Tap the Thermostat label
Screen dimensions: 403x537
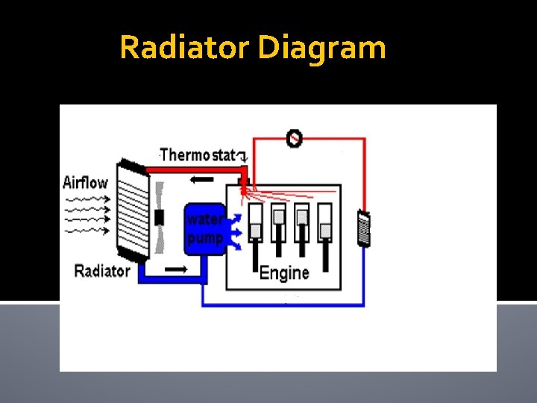198,155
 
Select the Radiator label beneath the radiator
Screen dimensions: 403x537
102,271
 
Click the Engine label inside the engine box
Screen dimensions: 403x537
284,273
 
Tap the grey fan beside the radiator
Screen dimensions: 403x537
158,218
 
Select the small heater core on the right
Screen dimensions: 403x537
364,228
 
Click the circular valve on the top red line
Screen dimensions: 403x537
295,138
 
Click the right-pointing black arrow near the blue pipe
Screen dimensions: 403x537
175,268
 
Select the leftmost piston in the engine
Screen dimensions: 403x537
255,224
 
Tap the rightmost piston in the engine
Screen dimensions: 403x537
326,224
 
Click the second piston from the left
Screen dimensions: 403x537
278,224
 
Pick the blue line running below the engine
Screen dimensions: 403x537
283,305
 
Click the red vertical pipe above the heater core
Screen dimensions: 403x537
364,172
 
